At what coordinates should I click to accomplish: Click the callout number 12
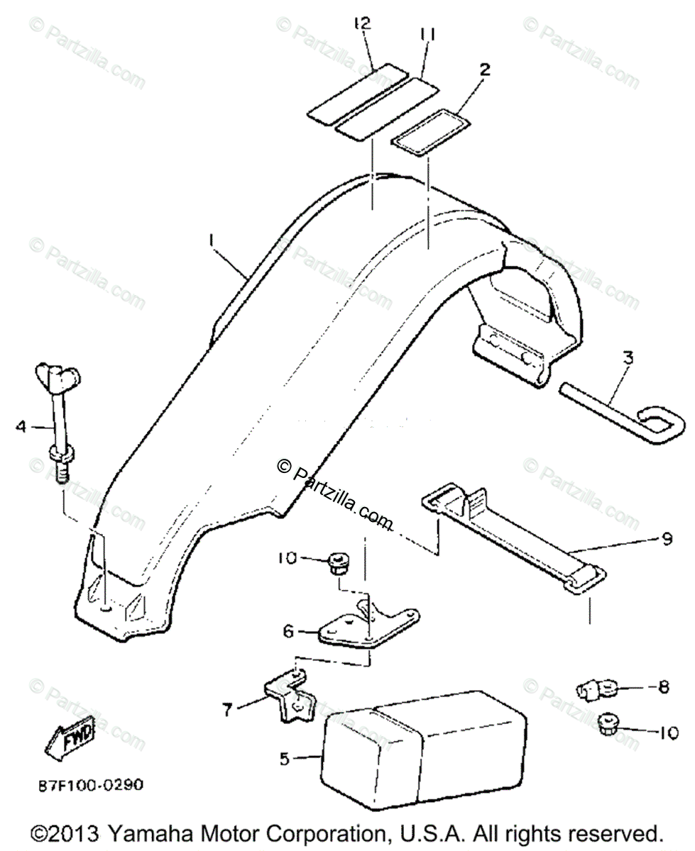pos(363,24)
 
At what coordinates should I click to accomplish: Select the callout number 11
pos(427,33)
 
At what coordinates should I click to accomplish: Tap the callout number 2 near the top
pos(485,69)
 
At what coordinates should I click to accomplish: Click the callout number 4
pos(21,426)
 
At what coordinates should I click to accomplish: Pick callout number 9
pos(666,539)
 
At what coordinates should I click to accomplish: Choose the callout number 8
pos(664,686)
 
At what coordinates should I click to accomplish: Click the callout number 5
pos(284,760)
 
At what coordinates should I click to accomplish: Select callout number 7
pos(227,708)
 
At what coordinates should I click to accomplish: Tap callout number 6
pos(288,630)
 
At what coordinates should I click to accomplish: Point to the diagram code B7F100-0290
pos(91,786)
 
